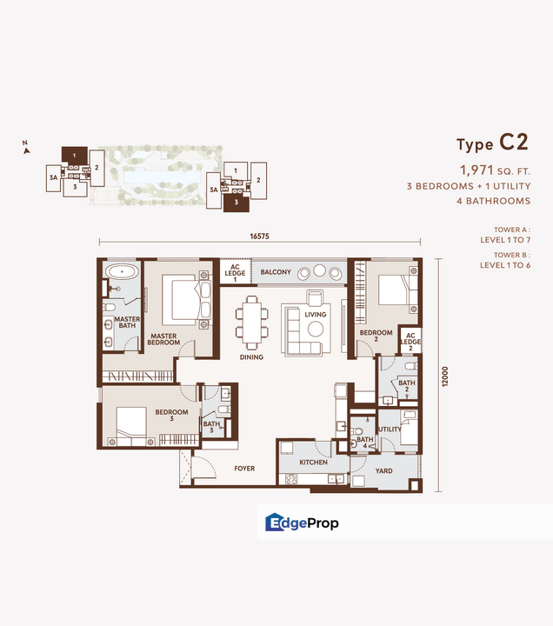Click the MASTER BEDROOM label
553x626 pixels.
163,338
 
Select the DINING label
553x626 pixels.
252,356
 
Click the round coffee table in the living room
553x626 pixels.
315,328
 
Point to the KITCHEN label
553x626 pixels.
313,463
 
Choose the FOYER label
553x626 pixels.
244,469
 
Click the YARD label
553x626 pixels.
383,471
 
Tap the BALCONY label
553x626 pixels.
276,273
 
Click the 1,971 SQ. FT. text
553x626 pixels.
494,170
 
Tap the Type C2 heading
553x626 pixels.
492,144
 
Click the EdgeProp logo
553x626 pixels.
302,523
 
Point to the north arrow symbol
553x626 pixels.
27,148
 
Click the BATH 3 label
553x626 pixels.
211,426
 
